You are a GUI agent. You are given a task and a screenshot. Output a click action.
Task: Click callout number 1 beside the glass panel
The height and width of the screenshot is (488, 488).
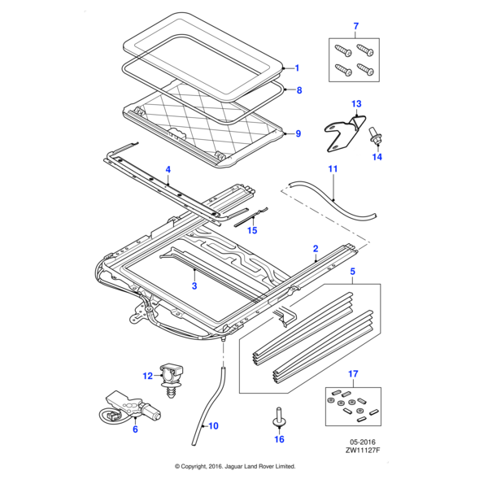pos(297,68)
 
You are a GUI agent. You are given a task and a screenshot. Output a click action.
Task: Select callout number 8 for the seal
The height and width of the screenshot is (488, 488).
pos(299,90)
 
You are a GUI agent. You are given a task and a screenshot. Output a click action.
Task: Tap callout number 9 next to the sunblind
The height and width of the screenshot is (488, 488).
pos(298,133)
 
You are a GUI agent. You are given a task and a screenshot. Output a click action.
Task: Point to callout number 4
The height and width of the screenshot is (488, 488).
pos(168,170)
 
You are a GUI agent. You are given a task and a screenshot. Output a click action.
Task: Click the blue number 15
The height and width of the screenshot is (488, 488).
pos(252,230)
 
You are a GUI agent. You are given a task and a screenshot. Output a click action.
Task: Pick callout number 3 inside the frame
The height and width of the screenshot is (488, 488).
pos(194,285)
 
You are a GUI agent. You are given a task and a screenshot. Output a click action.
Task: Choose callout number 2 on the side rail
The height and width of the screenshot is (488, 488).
pos(316,249)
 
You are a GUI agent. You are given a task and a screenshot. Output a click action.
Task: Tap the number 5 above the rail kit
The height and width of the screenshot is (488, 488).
pos(353,272)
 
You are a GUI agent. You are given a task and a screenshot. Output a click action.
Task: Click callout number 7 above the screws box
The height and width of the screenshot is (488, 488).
pos(356,26)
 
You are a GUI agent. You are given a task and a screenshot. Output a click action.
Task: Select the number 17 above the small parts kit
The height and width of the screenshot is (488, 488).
pos(353,373)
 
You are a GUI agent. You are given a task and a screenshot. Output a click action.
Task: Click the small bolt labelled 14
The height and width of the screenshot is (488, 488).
pos(375,136)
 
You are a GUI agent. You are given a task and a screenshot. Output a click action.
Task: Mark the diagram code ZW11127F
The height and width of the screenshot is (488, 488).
pos(363,450)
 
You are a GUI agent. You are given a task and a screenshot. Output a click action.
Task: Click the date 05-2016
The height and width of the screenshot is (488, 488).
pos(363,442)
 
